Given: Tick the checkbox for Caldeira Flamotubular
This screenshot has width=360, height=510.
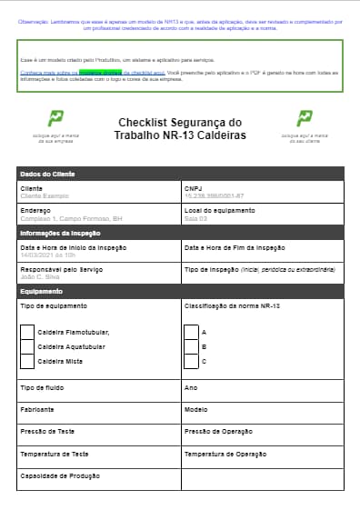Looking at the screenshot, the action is tap(27, 332).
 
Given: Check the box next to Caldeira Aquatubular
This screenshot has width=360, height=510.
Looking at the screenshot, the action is tap(27, 346).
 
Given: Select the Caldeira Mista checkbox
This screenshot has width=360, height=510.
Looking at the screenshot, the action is tap(27, 361).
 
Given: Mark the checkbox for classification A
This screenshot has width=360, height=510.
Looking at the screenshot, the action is tap(191, 332).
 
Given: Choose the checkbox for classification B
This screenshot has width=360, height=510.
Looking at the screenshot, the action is tap(191, 346).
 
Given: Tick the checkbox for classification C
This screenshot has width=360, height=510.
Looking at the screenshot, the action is tap(191, 361).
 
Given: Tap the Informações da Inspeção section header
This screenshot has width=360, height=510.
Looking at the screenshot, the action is tap(61, 234).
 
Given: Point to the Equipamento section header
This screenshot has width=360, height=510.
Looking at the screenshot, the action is tap(41, 292).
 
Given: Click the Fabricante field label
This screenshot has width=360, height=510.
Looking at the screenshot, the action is tap(37, 410).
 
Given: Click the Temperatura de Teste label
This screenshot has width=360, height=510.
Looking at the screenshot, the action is tap(54, 453).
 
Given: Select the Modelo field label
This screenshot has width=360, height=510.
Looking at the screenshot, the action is tap(196, 410).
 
